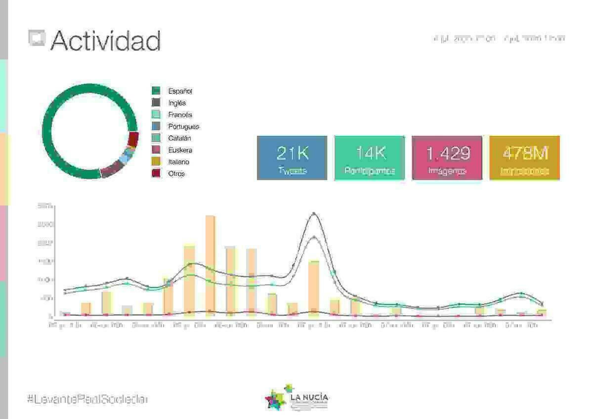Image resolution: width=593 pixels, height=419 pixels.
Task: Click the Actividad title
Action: [x=105, y=41]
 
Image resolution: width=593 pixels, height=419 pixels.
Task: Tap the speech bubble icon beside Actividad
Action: [x=37, y=39]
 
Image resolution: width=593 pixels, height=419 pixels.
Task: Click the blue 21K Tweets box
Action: [x=292, y=158]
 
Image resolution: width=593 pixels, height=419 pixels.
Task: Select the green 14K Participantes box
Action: [x=370, y=158]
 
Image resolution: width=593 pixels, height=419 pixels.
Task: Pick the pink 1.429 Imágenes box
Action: [x=447, y=158]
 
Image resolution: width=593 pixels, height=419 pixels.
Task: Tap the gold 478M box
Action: [x=524, y=158]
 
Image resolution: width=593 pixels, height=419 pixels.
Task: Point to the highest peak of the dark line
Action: [x=313, y=213]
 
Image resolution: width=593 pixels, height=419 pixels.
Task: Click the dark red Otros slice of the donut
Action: [x=132, y=139]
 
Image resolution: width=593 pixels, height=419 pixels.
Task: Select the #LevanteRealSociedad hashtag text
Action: [x=87, y=399]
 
